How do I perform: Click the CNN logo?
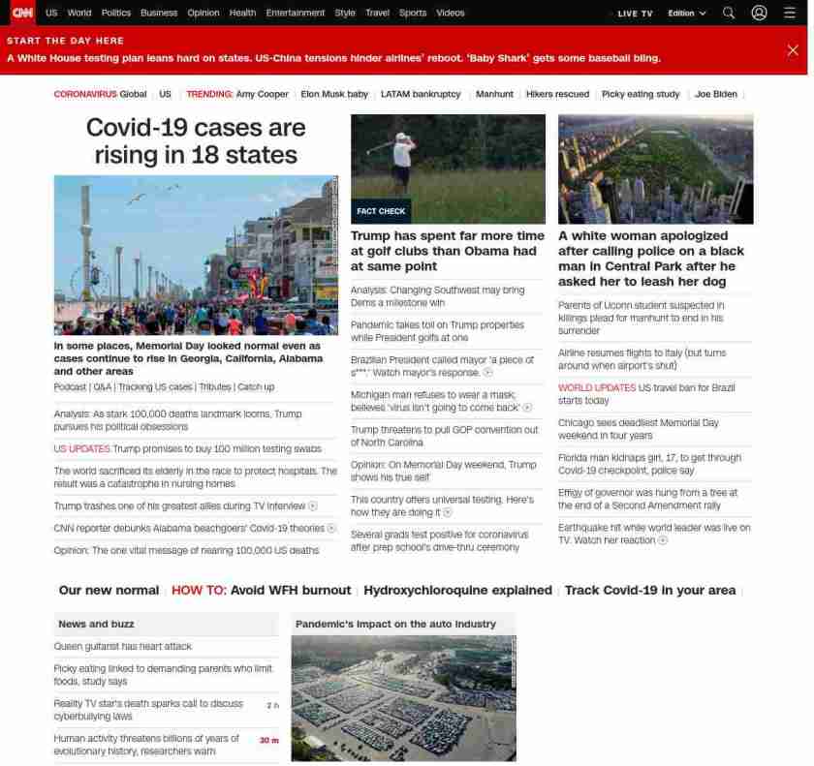pos(21,13)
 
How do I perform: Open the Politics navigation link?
pos(116,13)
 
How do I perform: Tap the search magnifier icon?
pos(729,13)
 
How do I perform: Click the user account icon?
pos(759,13)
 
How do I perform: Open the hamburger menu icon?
pos(790,13)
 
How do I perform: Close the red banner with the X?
pos(793,50)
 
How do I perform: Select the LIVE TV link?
pos(635,14)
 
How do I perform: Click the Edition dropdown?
pos(687,14)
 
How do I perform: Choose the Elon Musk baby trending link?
pos(334,94)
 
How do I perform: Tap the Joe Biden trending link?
pos(716,94)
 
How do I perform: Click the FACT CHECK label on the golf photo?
pos(381,211)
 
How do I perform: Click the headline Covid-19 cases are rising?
pos(196,141)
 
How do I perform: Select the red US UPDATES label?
pos(81,449)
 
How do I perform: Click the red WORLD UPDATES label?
pos(596,388)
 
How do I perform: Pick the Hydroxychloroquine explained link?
pos(457,591)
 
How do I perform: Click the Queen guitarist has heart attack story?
pos(123,647)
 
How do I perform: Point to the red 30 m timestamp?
pos(268,740)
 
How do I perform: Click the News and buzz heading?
pos(96,625)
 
